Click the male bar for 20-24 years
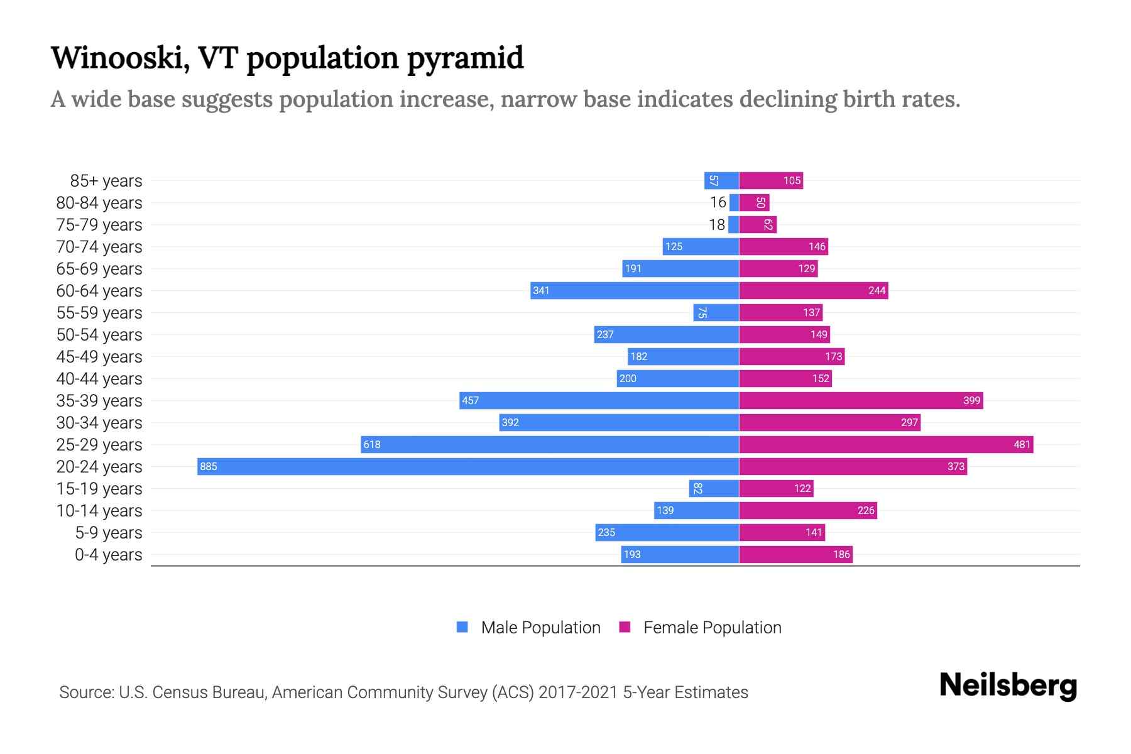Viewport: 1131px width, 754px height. coord(468,466)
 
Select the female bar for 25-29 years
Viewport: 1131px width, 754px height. coord(886,444)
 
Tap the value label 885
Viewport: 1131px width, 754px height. coord(209,466)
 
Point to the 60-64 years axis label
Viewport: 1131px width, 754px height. coord(99,291)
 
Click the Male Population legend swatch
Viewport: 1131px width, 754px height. coord(462,627)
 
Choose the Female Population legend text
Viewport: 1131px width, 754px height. coord(712,627)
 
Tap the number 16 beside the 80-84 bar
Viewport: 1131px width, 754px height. coord(718,202)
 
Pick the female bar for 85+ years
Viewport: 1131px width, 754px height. coord(771,180)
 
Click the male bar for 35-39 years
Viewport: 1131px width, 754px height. coord(599,400)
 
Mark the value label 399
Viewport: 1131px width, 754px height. coord(971,400)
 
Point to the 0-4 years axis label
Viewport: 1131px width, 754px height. coord(108,555)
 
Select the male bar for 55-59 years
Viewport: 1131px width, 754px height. coord(716,312)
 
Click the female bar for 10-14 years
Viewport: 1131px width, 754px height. coord(808,510)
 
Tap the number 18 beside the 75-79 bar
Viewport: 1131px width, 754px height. coord(716,224)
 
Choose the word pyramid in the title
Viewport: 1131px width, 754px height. coord(465,58)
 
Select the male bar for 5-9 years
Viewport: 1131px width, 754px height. coord(667,532)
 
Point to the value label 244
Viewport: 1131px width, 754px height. coord(877,290)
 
